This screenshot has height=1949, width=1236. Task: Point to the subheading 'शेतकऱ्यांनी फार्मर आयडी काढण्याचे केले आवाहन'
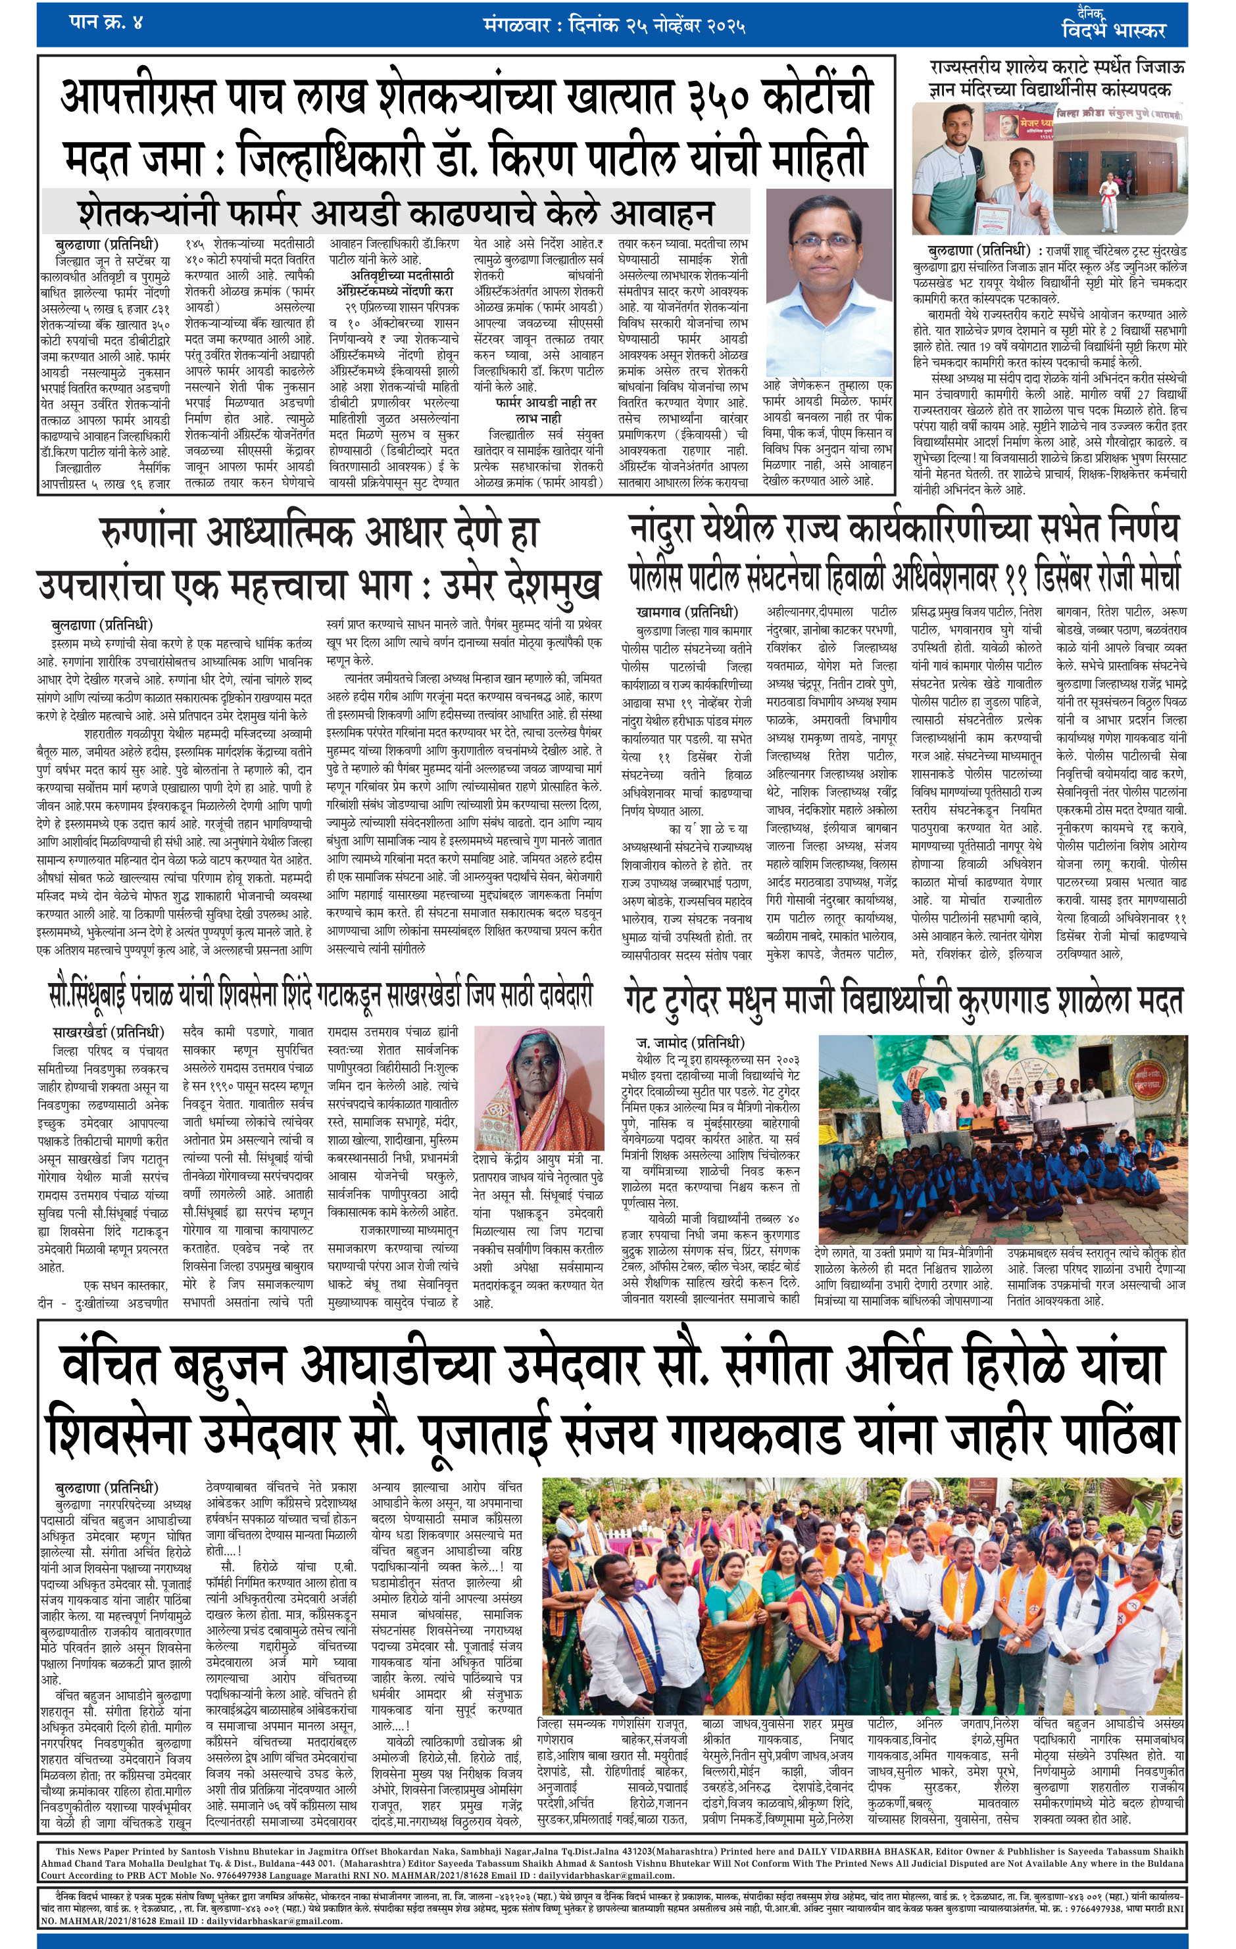pos(396,212)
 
